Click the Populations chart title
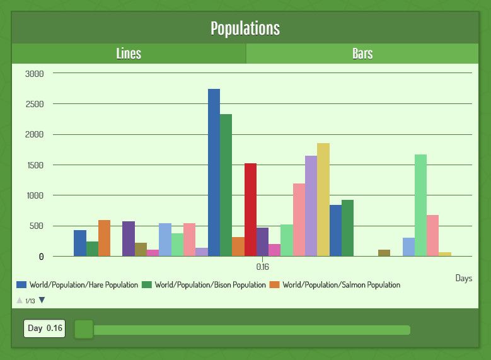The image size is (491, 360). [245, 28]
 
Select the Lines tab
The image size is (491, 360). [129, 54]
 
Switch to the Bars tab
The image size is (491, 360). [362, 54]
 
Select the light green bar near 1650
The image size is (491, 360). [420, 205]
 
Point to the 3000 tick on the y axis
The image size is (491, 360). [35, 73]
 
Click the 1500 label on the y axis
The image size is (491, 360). [35, 165]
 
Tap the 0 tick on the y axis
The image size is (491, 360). [41, 257]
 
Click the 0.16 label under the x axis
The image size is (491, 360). [263, 267]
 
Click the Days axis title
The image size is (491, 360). [463, 278]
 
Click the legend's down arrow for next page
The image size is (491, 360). [42, 301]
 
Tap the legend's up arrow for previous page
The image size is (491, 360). [20, 301]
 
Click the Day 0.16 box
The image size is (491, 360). [44, 328]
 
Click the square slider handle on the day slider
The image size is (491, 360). [84, 329]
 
